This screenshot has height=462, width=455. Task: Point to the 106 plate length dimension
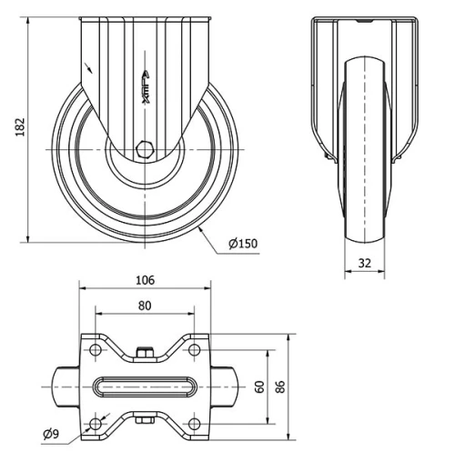pos(144,280)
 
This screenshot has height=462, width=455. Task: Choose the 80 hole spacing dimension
pos(144,306)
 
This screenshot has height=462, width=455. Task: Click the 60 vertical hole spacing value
pos(258,387)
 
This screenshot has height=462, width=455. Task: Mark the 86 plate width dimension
pos(280,387)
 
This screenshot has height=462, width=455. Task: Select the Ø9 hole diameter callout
pos(53,436)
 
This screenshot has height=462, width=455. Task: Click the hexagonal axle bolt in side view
pos(146,147)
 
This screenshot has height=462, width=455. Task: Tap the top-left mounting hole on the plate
pos(96,348)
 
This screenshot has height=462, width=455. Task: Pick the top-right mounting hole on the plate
pos(193,348)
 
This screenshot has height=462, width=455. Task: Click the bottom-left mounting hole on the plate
pos(96,424)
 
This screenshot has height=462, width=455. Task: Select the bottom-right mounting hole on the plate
pos(193,424)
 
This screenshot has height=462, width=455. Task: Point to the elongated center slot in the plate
pos(144,387)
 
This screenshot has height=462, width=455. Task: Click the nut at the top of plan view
pos(144,350)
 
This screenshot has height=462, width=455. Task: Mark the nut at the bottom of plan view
pos(144,420)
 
